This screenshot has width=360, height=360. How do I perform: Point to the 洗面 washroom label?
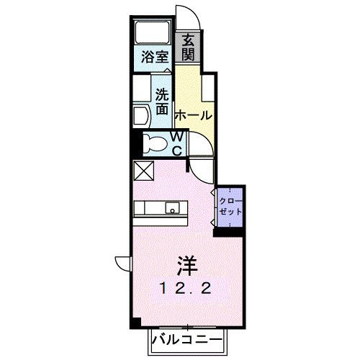[162, 101]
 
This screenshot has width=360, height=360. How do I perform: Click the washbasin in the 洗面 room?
[140, 116]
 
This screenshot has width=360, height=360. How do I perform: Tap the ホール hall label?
[193, 115]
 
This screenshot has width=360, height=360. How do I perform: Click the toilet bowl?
[153, 143]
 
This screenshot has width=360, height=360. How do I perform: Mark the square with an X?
[143, 171]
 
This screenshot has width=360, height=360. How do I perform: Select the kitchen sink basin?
[173, 208]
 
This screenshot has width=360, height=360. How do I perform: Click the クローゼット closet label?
[229, 205]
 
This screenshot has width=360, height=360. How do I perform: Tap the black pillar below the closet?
[230, 231]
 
